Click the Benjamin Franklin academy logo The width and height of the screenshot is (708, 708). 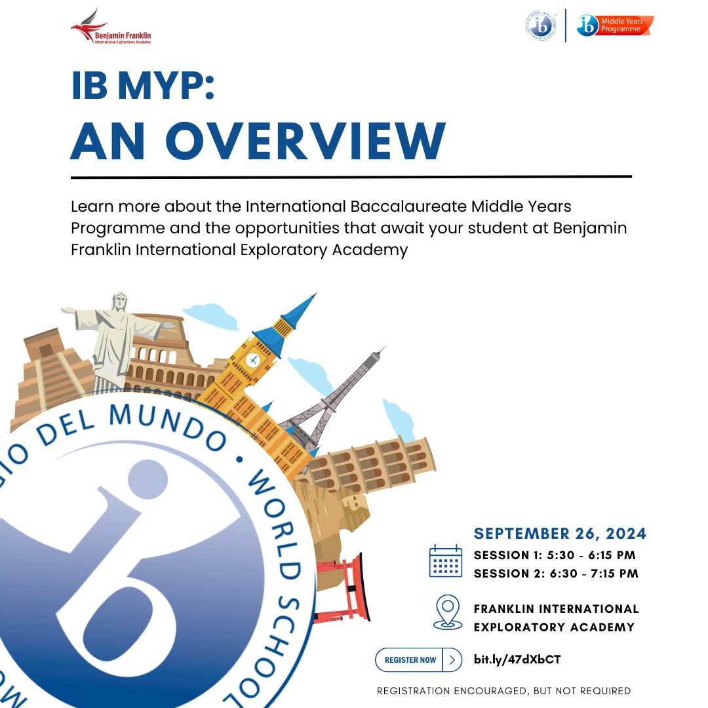click(111, 28)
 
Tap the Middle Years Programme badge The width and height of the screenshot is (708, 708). click(615, 26)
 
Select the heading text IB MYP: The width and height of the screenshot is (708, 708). click(142, 86)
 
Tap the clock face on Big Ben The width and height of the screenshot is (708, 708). click(253, 359)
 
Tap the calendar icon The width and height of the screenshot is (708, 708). click(446, 561)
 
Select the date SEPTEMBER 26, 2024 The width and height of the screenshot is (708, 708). click(560, 534)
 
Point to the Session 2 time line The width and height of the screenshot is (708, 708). click(556, 574)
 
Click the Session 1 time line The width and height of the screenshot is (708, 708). click(555, 555)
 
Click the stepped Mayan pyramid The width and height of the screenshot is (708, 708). click(52, 374)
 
